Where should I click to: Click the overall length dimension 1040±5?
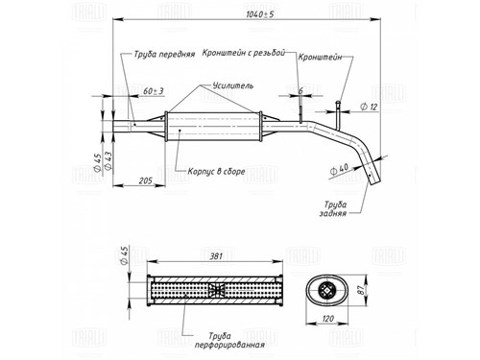[x=260, y=14]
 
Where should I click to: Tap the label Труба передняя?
[x=164, y=54]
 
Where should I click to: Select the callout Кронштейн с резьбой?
[x=244, y=53]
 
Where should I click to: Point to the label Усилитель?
[x=233, y=85]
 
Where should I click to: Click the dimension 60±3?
[x=154, y=91]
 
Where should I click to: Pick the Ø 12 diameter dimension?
[x=369, y=107]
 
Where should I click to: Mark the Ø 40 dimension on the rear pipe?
[x=339, y=169]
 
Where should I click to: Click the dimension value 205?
[x=146, y=180]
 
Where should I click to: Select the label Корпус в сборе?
[x=216, y=172]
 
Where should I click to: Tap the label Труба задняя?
[x=334, y=208]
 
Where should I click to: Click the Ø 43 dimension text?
[x=108, y=161]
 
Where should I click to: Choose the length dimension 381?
[x=216, y=256]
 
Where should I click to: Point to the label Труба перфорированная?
[x=229, y=340]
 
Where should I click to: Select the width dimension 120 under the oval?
[x=328, y=319]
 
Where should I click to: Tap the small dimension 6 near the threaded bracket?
[x=300, y=91]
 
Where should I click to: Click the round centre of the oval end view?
[x=327, y=291]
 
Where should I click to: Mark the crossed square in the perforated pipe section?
[x=216, y=290]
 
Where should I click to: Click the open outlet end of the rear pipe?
[x=375, y=182]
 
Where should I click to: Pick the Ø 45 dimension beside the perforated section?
[x=125, y=255]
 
